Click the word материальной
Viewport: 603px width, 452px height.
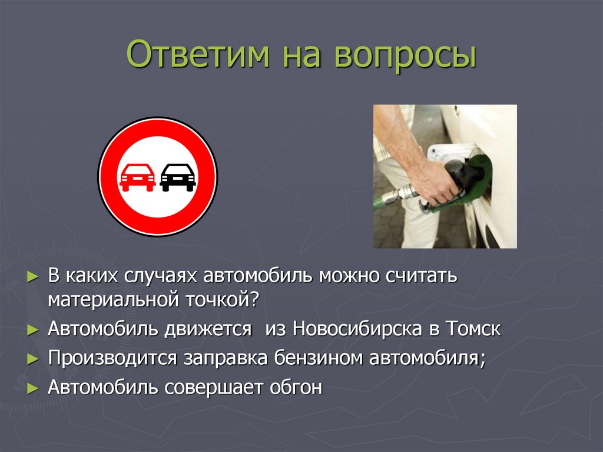point(112,300)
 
